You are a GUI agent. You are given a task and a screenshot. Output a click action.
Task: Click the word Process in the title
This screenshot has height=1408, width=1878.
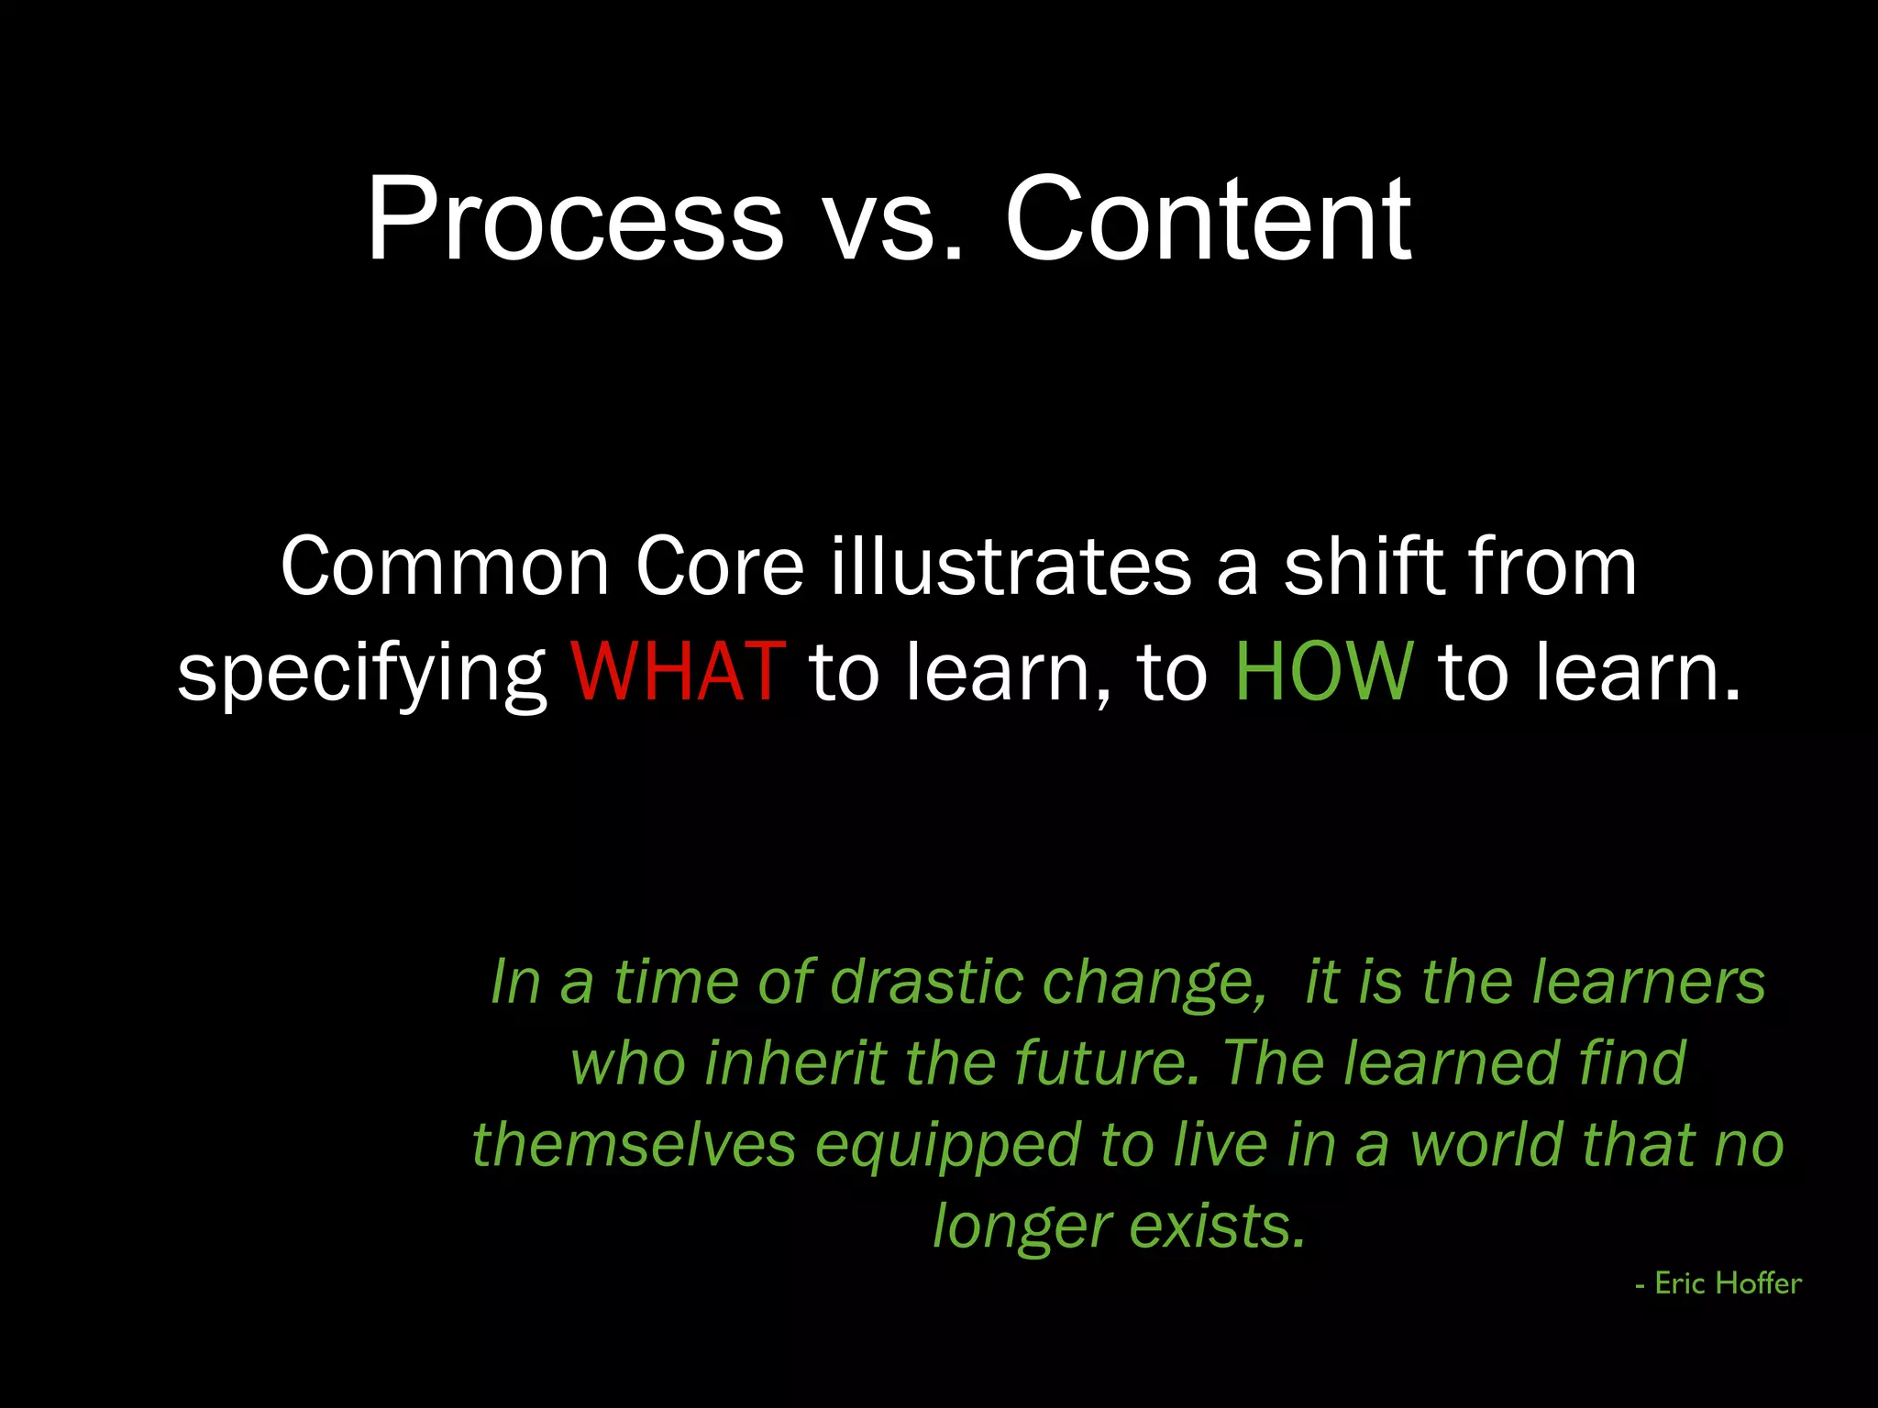click(x=575, y=220)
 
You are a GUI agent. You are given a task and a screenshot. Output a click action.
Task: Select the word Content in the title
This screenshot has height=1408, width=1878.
click(x=1208, y=220)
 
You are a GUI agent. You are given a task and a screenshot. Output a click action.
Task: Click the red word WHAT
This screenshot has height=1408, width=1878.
click(x=678, y=671)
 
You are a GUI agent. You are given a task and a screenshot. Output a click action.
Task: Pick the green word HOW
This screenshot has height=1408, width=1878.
click(x=1324, y=671)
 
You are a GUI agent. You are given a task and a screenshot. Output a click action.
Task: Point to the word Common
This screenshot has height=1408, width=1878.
click(x=445, y=567)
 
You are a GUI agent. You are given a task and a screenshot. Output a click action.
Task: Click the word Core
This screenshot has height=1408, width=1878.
click(x=719, y=567)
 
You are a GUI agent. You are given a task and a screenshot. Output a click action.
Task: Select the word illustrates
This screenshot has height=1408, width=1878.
click(x=1011, y=567)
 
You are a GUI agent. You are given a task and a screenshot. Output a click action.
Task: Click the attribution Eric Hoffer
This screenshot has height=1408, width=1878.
click(x=1727, y=1283)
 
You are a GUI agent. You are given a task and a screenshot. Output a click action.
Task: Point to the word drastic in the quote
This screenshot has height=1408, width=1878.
click(x=926, y=982)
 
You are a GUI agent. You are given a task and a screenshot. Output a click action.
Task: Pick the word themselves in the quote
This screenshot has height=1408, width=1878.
click(x=634, y=1146)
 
